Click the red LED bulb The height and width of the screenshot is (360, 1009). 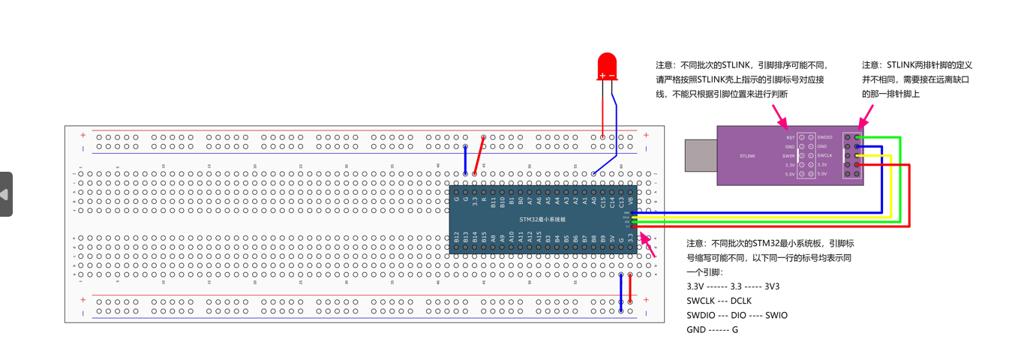coord(606,65)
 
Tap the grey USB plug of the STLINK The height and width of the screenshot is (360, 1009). coord(701,155)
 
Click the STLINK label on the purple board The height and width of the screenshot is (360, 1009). coord(747,156)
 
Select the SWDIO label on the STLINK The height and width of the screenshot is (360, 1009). coord(824,137)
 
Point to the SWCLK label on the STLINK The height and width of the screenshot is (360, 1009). coord(824,155)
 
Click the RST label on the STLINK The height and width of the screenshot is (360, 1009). coord(790,138)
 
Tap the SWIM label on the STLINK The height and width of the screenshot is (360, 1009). coord(789,155)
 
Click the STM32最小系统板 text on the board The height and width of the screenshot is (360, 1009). coord(542,219)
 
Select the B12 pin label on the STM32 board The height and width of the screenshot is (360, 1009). coord(456,238)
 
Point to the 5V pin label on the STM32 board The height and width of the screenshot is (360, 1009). coord(612,239)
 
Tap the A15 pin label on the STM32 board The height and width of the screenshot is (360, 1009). coord(539,238)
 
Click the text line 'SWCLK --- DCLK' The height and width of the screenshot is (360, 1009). coord(719,301)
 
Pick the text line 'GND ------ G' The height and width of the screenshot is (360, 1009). coord(712,329)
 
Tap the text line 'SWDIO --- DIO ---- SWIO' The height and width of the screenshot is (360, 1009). coord(737,315)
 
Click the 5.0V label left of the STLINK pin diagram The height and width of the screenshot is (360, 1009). coord(789,174)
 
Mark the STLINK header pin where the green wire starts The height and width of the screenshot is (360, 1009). coord(857,137)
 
